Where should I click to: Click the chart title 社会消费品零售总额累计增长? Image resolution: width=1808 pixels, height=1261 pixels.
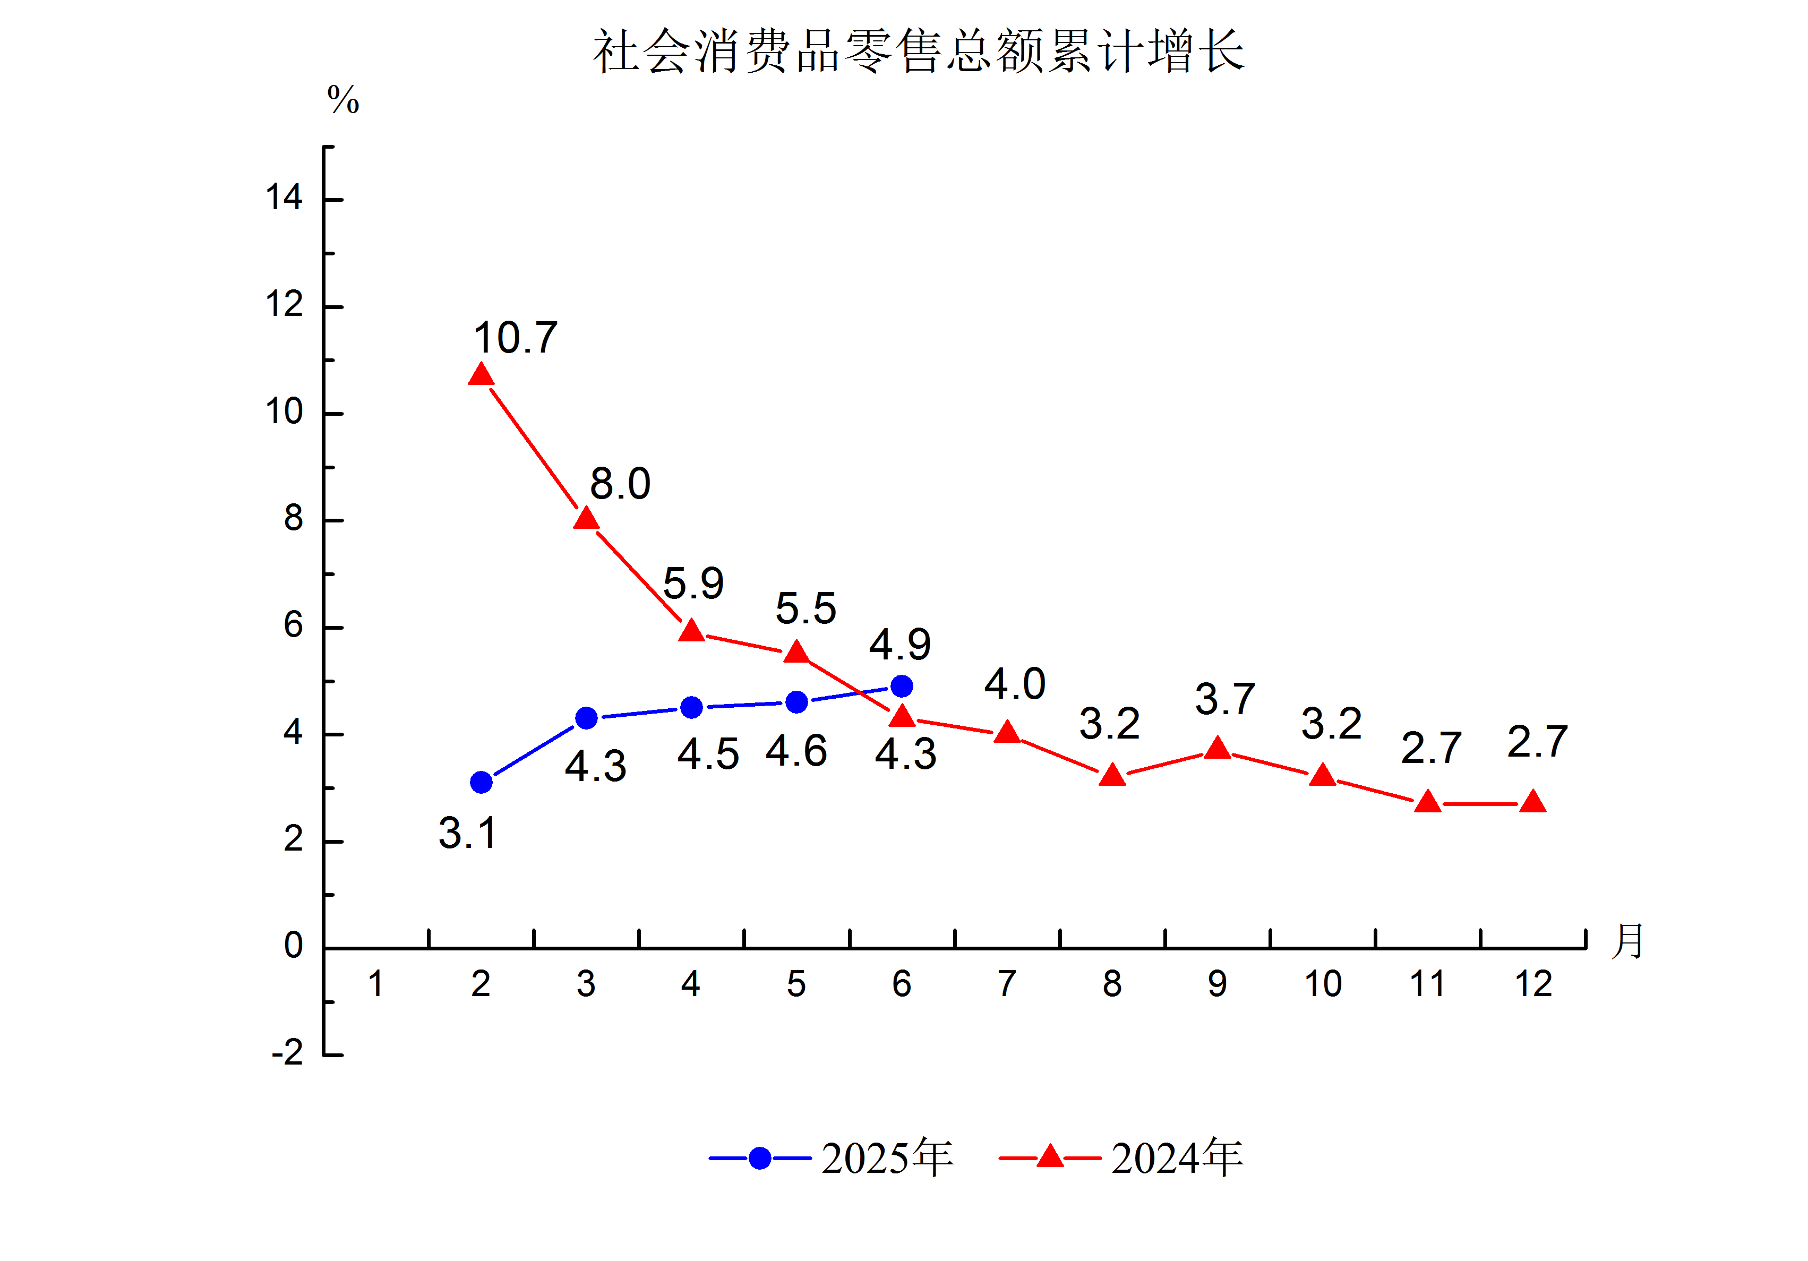918,52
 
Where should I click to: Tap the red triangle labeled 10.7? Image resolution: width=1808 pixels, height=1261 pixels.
481,375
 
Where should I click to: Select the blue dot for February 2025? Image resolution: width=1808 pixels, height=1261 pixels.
481,782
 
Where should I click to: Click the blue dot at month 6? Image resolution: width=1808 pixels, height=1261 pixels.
902,686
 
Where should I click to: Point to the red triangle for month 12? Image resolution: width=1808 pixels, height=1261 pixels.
1533,803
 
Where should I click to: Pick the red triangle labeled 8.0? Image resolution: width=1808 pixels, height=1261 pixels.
586,519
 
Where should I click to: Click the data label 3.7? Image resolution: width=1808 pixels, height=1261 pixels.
1224,699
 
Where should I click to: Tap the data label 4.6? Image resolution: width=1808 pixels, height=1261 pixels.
796,751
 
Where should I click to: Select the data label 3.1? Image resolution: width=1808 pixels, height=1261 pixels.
468,833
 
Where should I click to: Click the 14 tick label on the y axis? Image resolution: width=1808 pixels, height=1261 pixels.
284,197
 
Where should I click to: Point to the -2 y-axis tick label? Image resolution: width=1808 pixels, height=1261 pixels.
287,1052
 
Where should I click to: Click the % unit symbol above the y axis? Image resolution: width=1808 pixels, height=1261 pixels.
344,100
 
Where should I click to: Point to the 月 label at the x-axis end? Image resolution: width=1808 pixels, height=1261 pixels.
1627,941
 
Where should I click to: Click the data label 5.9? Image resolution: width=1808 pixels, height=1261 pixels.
693,584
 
